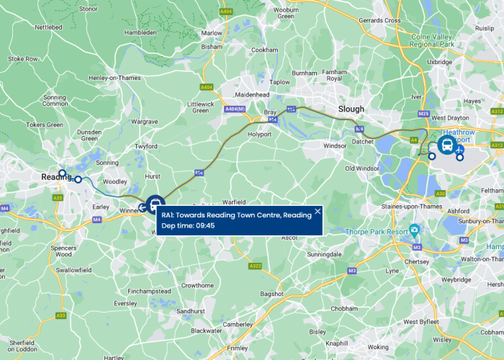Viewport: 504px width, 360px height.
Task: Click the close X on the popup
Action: (318, 212)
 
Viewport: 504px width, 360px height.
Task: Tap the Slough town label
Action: (351, 109)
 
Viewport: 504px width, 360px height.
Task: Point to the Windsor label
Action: (335, 146)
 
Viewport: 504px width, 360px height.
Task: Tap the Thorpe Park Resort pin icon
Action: (414, 231)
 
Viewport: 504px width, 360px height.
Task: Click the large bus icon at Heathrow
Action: (446, 145)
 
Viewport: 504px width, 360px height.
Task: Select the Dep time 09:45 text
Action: (188, 225)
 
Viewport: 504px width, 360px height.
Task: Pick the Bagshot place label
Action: (271, 294)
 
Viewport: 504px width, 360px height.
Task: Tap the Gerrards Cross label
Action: (379, 21)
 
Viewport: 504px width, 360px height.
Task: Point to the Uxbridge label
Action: (438, 63)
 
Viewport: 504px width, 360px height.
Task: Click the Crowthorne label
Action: (197, 285)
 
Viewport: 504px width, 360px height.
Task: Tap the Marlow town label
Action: (212, 33)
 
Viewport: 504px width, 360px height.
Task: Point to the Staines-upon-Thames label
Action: (407, 207)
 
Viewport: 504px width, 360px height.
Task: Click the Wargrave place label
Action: (144, 122)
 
